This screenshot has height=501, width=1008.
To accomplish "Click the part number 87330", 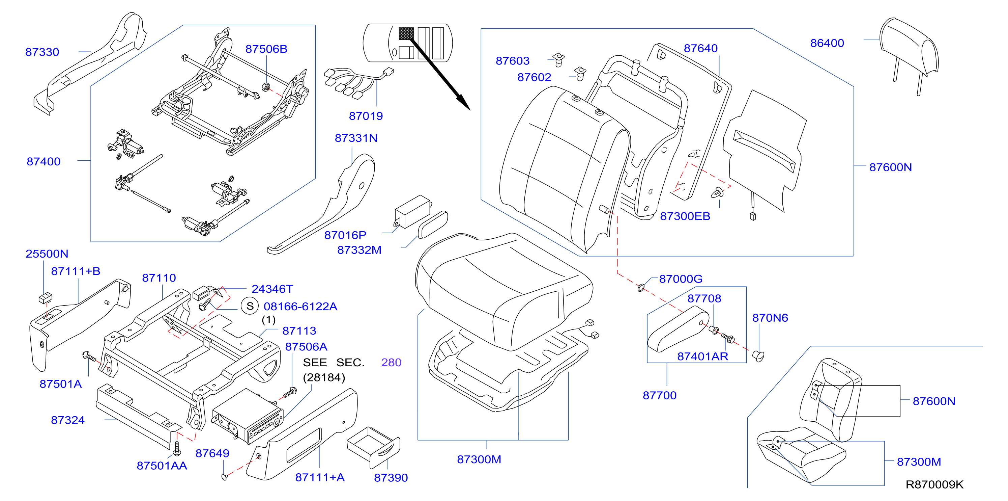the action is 42,52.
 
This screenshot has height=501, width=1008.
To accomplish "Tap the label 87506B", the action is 266,49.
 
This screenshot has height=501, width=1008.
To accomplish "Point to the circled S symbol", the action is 250,306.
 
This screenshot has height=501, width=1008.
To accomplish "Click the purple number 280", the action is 391,362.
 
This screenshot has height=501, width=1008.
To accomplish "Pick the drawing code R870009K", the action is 934,484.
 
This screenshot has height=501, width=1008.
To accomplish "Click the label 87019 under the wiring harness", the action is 366,116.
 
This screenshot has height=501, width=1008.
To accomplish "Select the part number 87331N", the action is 356,138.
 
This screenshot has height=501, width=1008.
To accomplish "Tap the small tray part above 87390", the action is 373,447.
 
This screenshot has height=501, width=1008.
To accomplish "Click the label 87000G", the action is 681,279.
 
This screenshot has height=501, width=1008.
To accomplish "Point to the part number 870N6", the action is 770,318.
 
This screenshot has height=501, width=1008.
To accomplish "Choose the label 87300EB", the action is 685,216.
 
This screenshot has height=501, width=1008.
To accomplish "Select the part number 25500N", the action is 47,254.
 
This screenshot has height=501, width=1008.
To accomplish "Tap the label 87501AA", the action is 162,466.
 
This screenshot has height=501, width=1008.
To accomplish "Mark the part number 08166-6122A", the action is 300,306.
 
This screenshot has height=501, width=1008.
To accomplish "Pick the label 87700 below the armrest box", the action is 659,395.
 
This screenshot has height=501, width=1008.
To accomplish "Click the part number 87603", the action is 512,61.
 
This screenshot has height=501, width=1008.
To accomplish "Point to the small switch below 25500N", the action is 46,298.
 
